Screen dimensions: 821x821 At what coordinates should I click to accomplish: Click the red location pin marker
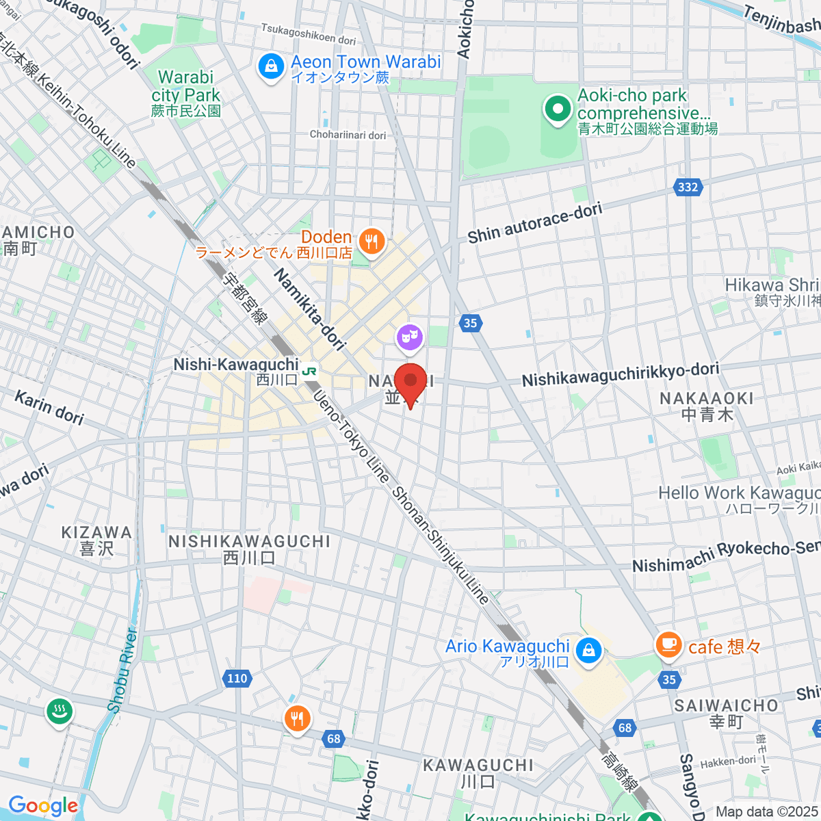click(410, 383)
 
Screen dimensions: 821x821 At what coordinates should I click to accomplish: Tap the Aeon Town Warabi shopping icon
click(271, 67)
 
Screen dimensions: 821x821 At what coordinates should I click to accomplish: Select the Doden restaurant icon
click(372, 242)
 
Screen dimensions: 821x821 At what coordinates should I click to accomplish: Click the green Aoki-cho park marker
click(558, 109)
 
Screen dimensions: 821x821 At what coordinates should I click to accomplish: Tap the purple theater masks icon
click(410, 337)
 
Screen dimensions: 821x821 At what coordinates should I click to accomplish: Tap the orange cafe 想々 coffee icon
click(668, 644)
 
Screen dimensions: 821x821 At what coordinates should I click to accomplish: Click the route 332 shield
click(688, 187)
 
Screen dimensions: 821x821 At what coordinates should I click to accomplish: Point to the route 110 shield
click(237, 678)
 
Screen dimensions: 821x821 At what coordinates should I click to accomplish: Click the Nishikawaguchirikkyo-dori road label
click(620, 374)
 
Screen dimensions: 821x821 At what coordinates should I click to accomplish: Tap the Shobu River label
click(123, 670)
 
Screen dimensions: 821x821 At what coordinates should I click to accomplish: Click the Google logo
click(43, 805)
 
